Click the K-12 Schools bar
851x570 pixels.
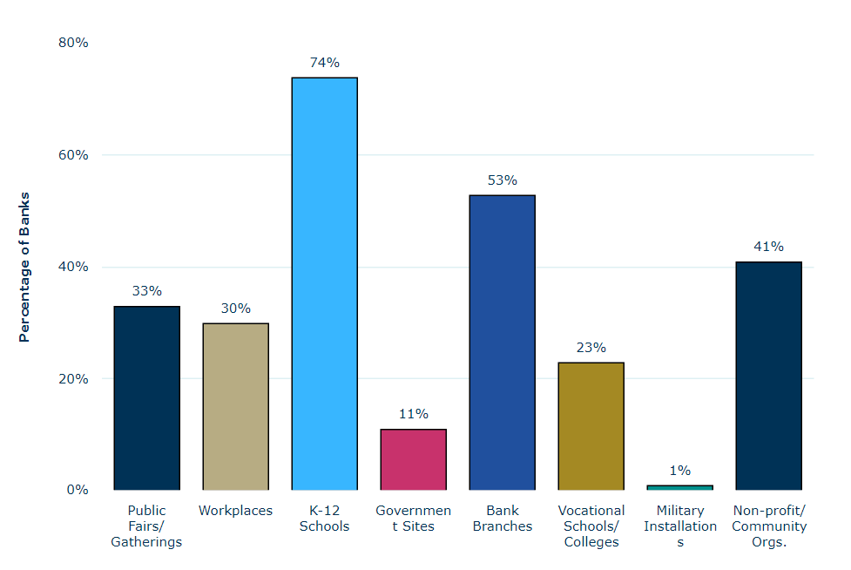324,283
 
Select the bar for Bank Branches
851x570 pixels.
502,342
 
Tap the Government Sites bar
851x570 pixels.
413,459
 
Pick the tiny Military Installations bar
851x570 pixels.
679,487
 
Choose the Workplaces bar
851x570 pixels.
235,406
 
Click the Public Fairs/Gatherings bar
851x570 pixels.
146,397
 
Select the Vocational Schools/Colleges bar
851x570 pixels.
591,425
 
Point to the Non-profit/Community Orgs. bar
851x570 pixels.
768,376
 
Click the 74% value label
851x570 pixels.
324,63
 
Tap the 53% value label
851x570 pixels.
502,180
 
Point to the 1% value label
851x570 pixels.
679,471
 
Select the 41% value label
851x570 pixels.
768,247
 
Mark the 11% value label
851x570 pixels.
413,414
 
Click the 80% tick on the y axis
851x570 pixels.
74,43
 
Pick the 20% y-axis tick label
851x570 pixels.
74,378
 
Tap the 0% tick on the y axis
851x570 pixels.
78,490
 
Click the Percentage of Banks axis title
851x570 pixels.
24,267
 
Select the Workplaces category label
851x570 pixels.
235,511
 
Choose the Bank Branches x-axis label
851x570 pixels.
502,519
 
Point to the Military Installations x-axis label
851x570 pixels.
679,526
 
